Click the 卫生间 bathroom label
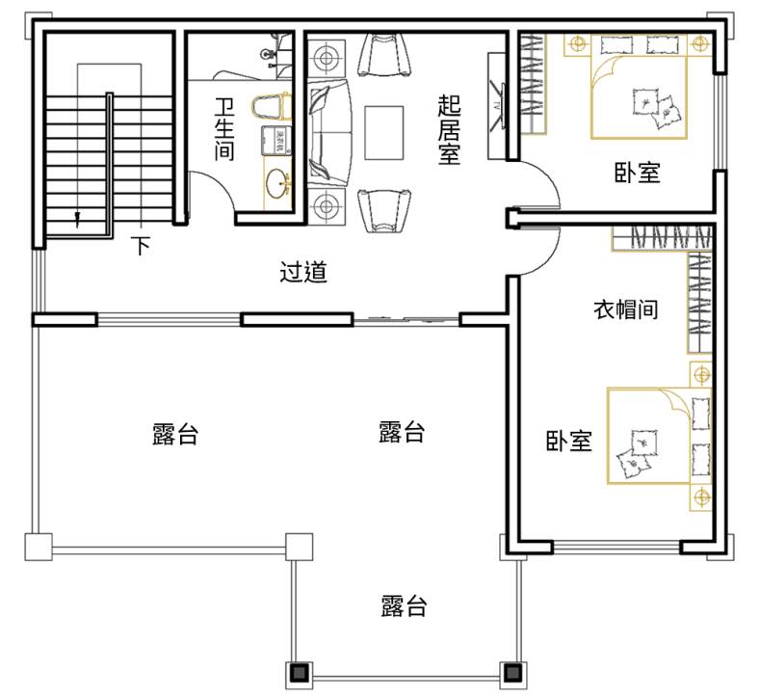pyautogui.click(x=224, y=129)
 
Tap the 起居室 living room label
pyautogui.click(x=449, y=129)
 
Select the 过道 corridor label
pyautogui.click(x=303, y=272)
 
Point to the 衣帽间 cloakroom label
pyautogui.click(x=626, y=309)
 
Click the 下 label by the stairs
pyautogui.click(x=141, y=246)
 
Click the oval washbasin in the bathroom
pyautogui.click(x=277, y=183)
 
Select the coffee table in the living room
pyautogui.click(x=384, y=132)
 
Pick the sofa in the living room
pyautogui.click(x=329, y=132)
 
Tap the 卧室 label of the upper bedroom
pyautogui.click(x=637, y=173)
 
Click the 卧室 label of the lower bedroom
pyautogui.click(x=569, y=441)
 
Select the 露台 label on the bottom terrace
pyautogui.click(x=404, y=605)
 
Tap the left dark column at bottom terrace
pyautogui.click(x=299, y=673)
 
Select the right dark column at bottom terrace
pyautogui.click(x=512, y=673)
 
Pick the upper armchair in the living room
pyautogui.click(x=384, y=55)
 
